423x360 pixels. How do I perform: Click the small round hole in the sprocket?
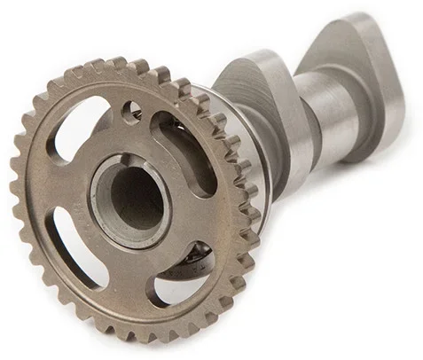point(132,112)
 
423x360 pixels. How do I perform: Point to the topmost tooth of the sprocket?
point(116,64)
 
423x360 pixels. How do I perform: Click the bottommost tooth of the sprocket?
point(142,335)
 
